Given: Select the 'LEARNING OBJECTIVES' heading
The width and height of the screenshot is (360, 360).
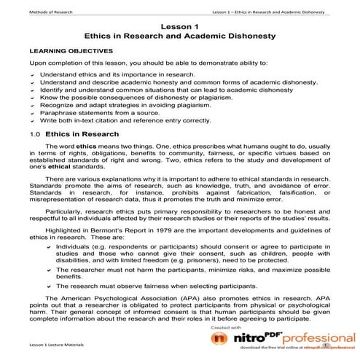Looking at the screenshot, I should (x=70, y=52).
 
